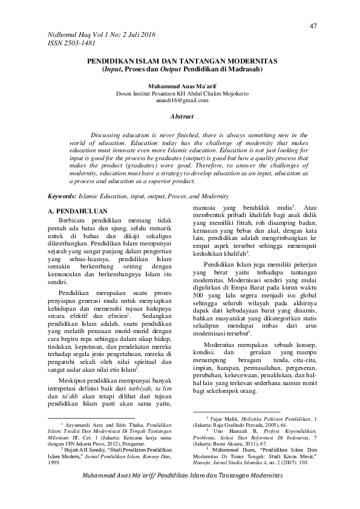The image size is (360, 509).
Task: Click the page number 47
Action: pyautogui.click(x=313, y=25)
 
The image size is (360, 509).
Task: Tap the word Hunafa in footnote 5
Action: pyautogui.click(x=200, y=462)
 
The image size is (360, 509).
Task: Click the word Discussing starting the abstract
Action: pyautogui.click(x=107, y=134)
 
